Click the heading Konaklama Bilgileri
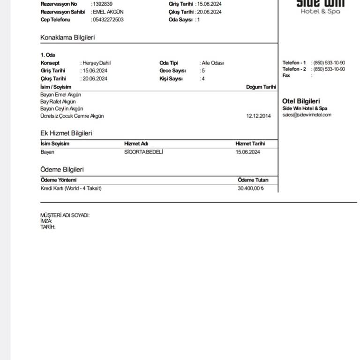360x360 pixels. pyautogui.click(x=67, y=37)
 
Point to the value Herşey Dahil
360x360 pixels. pyautogui.click(x=97, y=63)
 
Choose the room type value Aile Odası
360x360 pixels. pyautogui.click(x=213, y=63)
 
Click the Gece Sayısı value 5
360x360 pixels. pyautogui.click(x=202, y=71)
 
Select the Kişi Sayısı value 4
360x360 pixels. pyautogui.click(x=202, y=79)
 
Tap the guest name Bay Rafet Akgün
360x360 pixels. pyautogui.click(x=58, y=102)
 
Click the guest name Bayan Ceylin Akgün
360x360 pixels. pyautogui.click(x=61, y=109)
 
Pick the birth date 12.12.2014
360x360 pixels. pyautogui.click(x=259, y=116)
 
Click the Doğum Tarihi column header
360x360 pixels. pyautogui.click(x=261, y=87)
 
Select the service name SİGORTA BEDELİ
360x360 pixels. pyautogui.click(x=144, y=152)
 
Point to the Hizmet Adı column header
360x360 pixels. pyautogui.click(x=136, y=144)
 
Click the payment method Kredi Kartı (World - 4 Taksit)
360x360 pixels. pyautogui.click(x=71, y=188)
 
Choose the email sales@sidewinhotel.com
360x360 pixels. pyautogui.click(x=307, y=115)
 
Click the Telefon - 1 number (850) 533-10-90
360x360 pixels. pyautogui.click(x=330, y=63)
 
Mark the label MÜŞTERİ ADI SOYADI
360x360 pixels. pyautogui.click(x=65, y=216)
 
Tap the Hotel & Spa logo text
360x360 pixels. pyautogui.click(x=321, y=11)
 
